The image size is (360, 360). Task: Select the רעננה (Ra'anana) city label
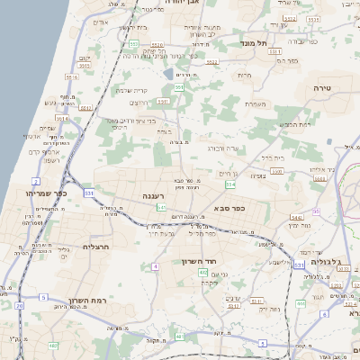pyautogui.click(x=146, y=194)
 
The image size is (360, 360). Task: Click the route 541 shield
pyautogui.click(x=161, y=208)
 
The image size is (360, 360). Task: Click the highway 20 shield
pyautogui.click(x=19, y=305)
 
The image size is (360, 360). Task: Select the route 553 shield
pyautogui.click(x=133, y=42)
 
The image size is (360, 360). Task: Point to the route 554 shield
pyautogui.click(x=229, y=184)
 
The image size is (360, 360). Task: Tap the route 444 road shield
pyautogui.click(x=325, y=303)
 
